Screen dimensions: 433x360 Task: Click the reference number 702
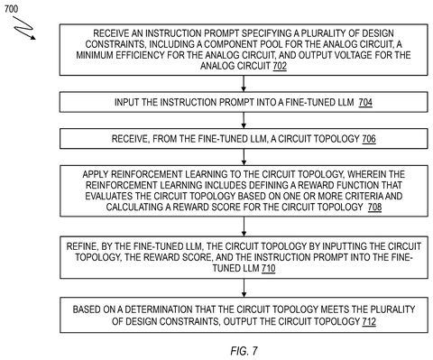point(280,66)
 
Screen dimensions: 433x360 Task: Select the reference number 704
point(365,103)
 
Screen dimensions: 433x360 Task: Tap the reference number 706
point(369,139)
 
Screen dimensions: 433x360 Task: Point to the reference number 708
point(374,208)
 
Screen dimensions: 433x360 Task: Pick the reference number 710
point(269,268)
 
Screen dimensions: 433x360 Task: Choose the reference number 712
point(369,321)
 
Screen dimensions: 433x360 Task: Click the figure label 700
point(11,9)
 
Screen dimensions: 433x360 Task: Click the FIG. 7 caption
point(244,351)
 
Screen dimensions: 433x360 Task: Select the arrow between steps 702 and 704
point(244,84)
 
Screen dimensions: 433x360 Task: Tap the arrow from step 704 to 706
point(244,120)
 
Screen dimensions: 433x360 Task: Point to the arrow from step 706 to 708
point(244,157)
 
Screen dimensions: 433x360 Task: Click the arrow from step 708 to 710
point(244,226)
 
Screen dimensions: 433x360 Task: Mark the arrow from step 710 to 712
point(244,288)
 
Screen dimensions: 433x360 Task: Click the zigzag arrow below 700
point(23,28)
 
